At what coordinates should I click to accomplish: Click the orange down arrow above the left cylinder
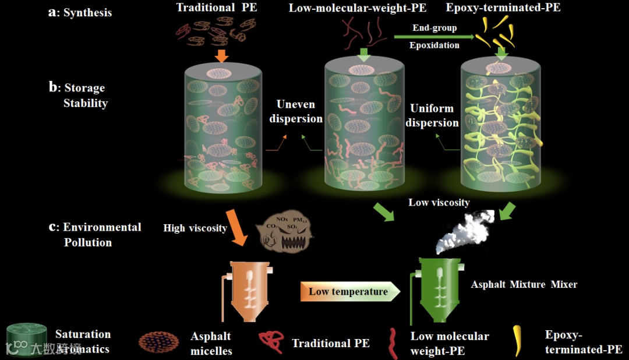(221, 55)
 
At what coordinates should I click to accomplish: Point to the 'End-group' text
(434, 28)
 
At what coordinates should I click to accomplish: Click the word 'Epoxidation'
(434, 45)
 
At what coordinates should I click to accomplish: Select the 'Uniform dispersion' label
(432, 115)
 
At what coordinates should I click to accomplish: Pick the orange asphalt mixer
(251, 291)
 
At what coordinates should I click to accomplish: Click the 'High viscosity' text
(195, 228)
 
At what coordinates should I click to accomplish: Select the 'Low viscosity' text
(439, 203)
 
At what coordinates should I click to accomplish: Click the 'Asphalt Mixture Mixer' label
(524, 285)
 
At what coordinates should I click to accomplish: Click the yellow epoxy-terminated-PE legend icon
(517, 341)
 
